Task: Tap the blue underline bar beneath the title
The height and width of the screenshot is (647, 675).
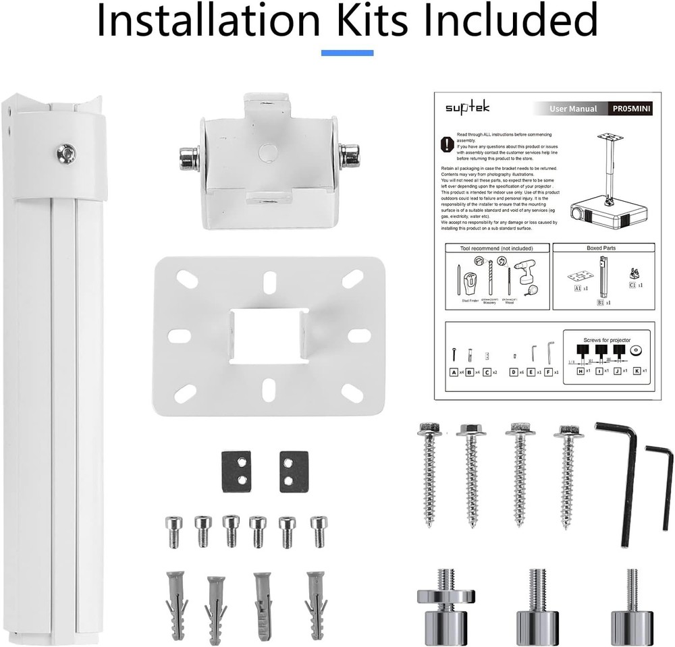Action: tap(347, 53)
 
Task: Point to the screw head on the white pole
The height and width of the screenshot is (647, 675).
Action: tap(66, 154)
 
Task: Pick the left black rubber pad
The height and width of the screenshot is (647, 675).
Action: tap(236, 472)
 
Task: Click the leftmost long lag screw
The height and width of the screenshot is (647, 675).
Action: tap(430, 472)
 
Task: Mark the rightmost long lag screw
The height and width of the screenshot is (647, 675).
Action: tap(566, 472)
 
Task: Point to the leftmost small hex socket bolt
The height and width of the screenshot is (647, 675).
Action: tap(173, 531)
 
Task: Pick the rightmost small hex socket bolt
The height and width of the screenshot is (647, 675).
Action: tap(317, 531)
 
